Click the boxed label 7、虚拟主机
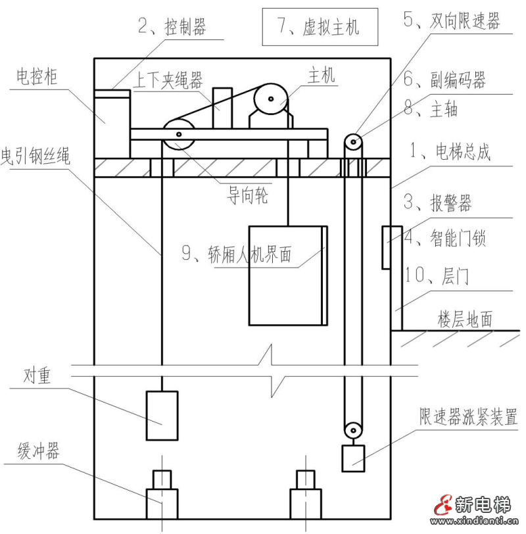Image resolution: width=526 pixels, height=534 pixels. tap(320, 27)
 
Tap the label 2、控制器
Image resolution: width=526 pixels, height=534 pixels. tap(172, 27)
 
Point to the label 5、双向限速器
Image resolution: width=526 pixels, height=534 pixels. tap(451, 22)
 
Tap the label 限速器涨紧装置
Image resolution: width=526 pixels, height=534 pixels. tap(468, 417)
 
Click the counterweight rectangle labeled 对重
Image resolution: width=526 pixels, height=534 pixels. tap(162, 415)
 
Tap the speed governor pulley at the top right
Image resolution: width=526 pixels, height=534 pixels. tap(354, 141)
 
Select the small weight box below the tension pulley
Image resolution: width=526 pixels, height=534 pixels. tap(353, 458)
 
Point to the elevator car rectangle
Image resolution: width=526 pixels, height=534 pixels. tap(287, 276)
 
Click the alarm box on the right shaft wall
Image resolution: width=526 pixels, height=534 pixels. tap(387, 247)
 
